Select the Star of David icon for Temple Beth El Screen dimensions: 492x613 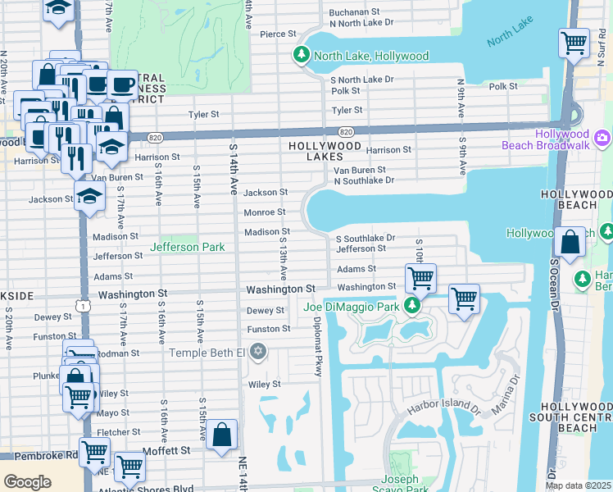(x=258, y=353)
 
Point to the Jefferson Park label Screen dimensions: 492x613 (x=186, y=246)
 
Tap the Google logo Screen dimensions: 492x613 (x=27, y=481)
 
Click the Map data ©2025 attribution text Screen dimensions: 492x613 (x=578, y=485)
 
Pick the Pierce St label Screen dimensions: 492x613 (x=277, y=34)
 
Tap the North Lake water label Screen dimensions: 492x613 (x=511, y=39)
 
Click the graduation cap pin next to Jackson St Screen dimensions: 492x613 (x=89, y=197)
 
